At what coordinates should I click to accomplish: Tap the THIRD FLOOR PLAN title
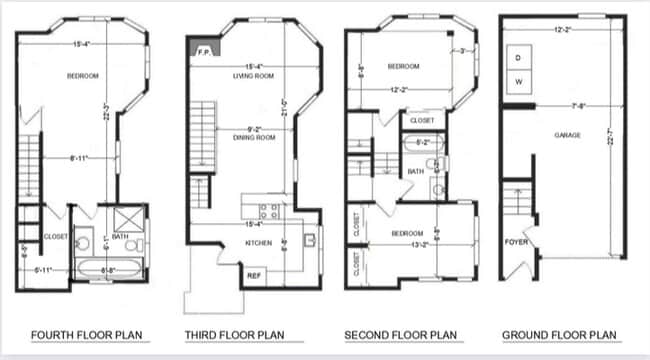236,334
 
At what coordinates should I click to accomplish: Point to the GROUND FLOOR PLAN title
560,334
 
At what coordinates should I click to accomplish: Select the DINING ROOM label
254,138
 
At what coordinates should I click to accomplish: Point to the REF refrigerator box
254,275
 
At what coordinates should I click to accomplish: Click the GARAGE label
568,134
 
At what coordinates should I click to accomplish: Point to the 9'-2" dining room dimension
254,128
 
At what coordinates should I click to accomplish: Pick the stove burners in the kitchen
268,211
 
